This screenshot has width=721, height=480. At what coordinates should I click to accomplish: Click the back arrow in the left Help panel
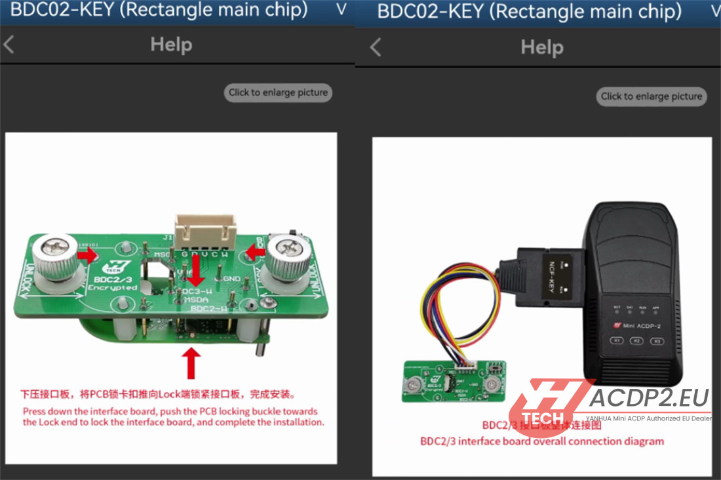(9, 45)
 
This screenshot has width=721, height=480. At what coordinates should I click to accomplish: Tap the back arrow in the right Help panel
(376, 47)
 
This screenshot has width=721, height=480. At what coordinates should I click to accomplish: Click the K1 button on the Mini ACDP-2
(616, 340)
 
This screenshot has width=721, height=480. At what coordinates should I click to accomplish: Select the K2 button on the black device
(636, 340)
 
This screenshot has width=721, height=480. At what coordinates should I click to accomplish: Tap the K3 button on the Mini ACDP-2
(655, 340)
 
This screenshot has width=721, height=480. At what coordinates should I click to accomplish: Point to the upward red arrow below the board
(191, 363)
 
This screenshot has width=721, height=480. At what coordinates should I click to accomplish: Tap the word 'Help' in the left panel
(171, 45)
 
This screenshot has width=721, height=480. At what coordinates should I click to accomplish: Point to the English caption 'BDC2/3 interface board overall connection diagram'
(542, 441)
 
